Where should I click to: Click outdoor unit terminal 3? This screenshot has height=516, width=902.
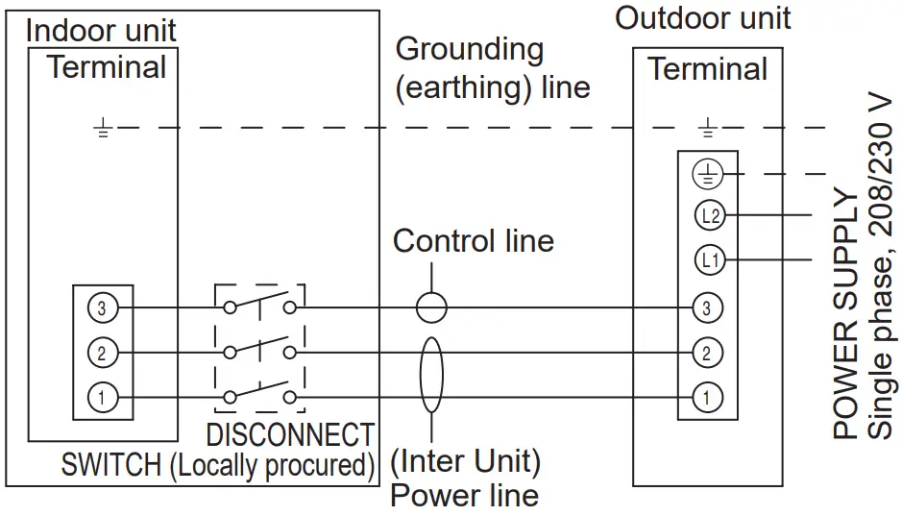[x=707, y=308]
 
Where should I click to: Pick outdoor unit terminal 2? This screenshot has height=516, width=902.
[x=707, y=353]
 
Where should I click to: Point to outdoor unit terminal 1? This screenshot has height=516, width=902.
[x=707, y=396]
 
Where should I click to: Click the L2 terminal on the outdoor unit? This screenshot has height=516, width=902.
[x=709, y=216]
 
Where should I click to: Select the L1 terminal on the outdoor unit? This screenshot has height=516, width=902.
[x=709, y=258]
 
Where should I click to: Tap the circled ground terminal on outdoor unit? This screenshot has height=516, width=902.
[x=707, y=175]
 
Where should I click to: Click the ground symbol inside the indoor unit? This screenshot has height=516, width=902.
[x=103, y=129]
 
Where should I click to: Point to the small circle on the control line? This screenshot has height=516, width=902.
[x=431, y=307]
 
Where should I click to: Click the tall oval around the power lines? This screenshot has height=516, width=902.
[x=431, y=375]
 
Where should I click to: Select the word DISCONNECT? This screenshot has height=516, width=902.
[x=289, y=435]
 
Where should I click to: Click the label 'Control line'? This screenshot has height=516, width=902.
[x=473, y=241]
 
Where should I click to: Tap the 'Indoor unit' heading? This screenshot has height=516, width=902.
[x=101, y=30]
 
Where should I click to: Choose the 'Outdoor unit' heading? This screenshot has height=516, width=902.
[x=703, y=17]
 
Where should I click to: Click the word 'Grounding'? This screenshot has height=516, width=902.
[x=469, y=49]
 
